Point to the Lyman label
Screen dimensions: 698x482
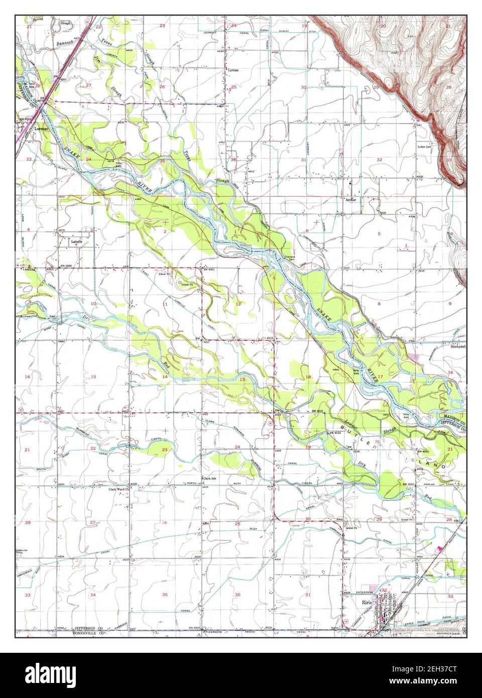(233, 70)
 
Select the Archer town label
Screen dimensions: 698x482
(351, 199)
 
